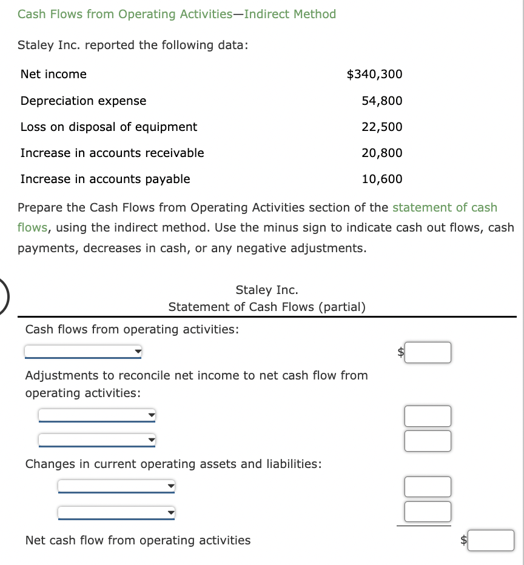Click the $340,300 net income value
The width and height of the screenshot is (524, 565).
pos(374,74)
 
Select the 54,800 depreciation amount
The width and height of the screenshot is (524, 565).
pos(381,101)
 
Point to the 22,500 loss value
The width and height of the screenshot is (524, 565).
pos(381,127)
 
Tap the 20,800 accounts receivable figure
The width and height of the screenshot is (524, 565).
pos(381,153)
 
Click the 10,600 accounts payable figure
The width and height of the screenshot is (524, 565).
pos(381,179)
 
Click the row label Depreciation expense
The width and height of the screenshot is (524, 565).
pos(83,101)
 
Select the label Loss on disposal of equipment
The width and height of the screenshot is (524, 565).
pos(109,127)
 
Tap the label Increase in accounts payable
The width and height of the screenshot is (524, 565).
pos(105,179)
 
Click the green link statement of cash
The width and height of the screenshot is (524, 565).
pos(445,207)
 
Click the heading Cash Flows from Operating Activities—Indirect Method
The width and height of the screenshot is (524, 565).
pos(176,14)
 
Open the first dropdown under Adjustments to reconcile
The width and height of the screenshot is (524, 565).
pos(97,415)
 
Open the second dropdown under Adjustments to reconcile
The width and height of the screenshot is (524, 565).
pos(97,440)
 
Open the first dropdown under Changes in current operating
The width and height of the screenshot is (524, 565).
pos(116,486)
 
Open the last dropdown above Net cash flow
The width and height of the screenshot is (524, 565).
pos(116,513)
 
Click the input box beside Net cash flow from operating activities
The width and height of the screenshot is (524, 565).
pos(491,540)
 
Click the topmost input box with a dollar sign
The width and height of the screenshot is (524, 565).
pos(428,352)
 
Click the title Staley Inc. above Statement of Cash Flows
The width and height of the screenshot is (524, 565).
pos(267,290)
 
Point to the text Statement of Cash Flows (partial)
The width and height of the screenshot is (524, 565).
pos(267,307)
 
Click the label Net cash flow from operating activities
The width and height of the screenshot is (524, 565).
pos(138,540)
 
